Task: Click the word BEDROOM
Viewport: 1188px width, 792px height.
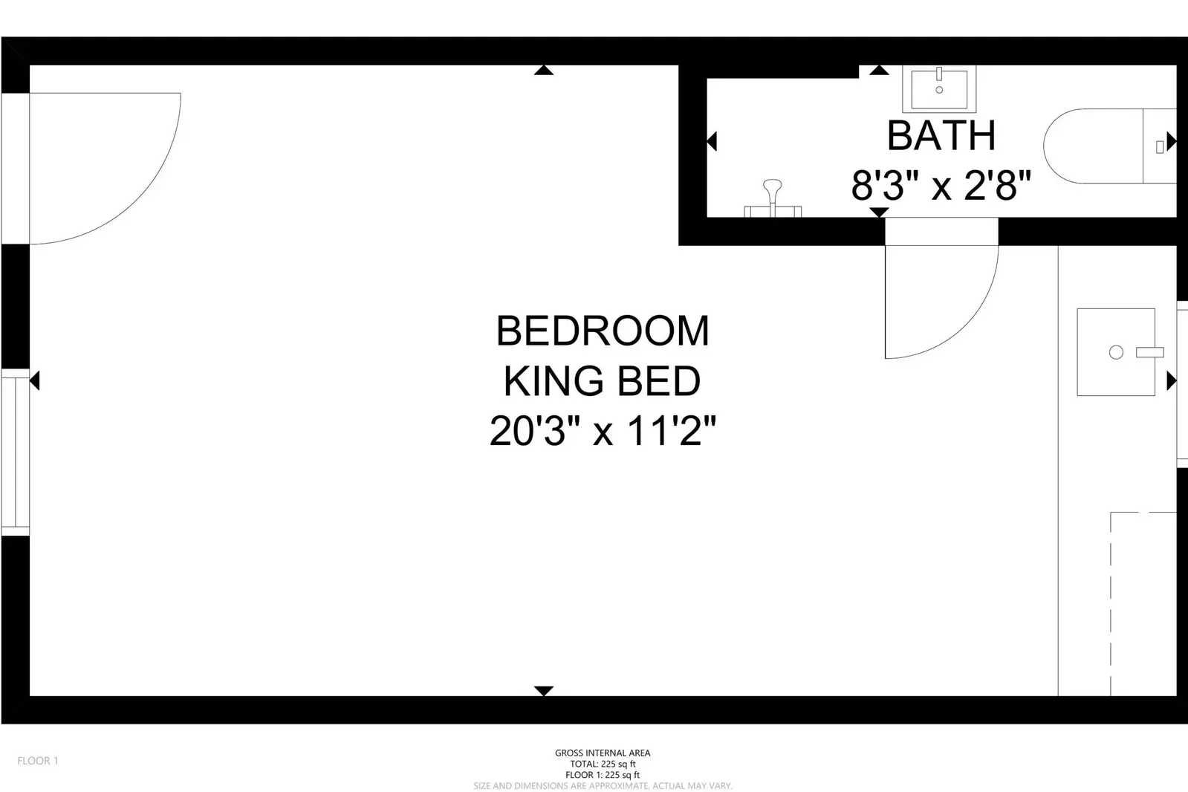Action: coord(603,331)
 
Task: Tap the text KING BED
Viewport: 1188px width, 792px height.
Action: coord(602,381)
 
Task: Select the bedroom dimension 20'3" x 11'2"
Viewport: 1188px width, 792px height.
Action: coord(602,431)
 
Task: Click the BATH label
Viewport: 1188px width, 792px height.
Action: coord(941,135)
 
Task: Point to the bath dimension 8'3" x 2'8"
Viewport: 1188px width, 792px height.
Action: coord(941,185)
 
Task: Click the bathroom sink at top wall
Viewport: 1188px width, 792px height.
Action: coord(939,88)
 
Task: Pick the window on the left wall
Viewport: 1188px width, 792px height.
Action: coord(15,452)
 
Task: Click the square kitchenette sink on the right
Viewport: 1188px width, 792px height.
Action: coord(1116,352)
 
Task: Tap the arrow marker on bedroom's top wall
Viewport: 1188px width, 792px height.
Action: coord(544,71)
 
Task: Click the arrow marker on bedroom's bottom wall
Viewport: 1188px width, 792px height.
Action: coord(544,691)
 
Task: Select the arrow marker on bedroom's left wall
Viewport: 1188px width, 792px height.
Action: coord(34,381)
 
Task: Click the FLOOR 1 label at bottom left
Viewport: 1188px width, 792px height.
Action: coord(38,761)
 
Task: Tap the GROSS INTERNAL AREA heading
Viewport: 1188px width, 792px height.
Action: coord(603,753)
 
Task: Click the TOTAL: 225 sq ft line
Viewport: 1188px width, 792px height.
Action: coord(603,764)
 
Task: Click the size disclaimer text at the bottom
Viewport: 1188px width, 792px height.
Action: coord(603,785)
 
